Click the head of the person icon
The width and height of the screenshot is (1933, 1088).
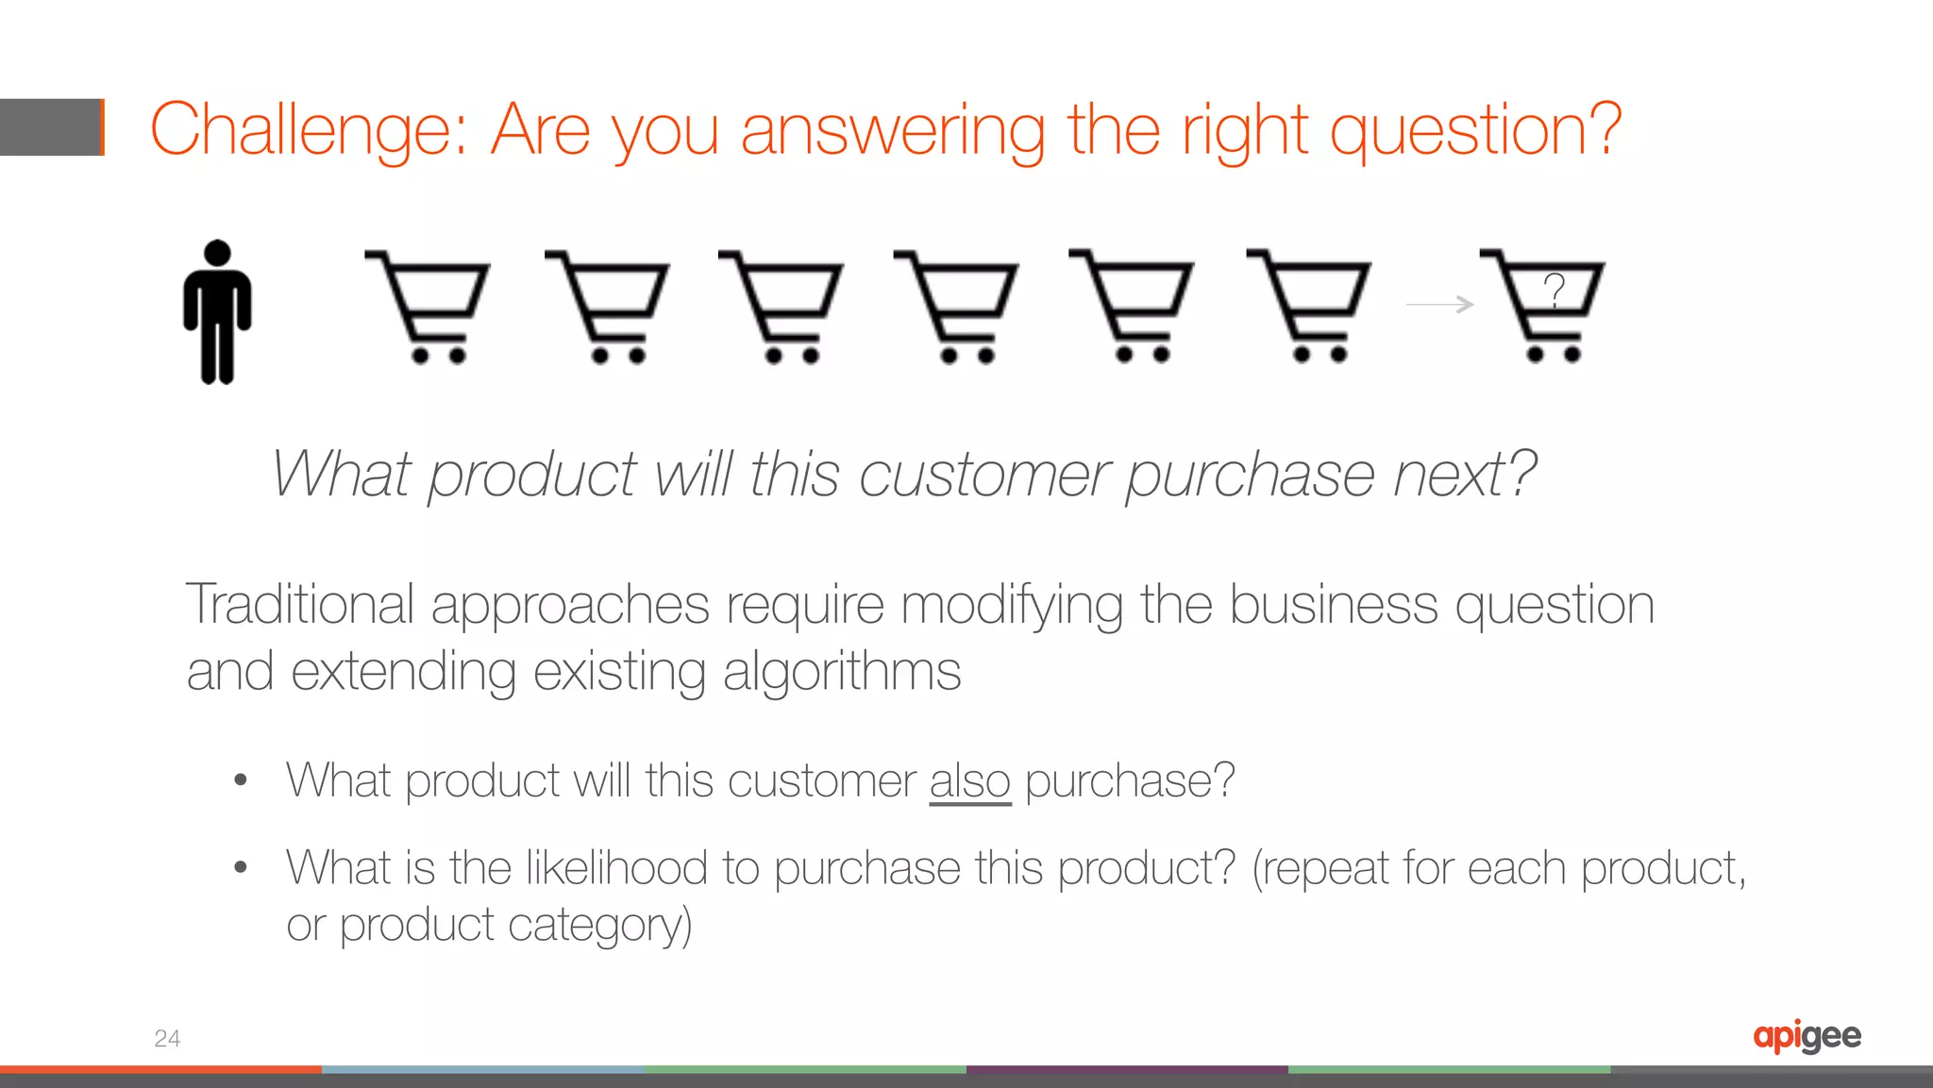[x=218, y=252]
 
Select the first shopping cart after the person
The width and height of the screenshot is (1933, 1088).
[x=429, y=307]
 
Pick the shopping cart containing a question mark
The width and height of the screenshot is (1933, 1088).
[x=1544, y=306]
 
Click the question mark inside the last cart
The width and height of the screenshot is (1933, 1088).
[x=1555, y=289]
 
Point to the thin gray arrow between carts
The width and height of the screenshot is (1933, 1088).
[x=1439, y=304]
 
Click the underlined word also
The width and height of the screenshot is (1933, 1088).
[x=969, y=781]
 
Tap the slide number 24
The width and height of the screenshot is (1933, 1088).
[x=167, y=1038]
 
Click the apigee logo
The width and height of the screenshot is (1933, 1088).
[x=1807, y=1036]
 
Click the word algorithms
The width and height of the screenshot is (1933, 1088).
[x=841, y=672]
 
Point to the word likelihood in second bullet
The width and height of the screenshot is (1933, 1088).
[x=615, y=867]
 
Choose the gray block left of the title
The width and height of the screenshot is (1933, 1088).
[x=51, y=127]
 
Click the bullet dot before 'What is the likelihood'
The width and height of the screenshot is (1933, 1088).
[x=241, y=866]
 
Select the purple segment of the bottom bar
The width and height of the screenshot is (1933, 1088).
[x=1127, y=1069]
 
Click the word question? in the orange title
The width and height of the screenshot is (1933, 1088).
[x=1475, y=130]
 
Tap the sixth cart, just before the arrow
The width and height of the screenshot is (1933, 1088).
[x=1309, y=306]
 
